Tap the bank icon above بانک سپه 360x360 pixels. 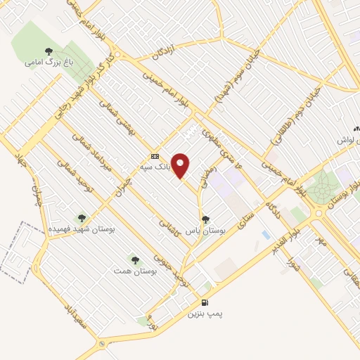[x=155, y=156]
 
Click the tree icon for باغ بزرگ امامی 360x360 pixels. [x=49, y=51]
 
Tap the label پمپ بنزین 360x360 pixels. [x=204, y=314]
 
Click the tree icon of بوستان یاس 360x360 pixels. [x=205, y=219]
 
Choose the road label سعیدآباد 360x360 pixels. [x=75, y=316]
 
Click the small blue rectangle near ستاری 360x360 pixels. [x=264, y=234]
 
